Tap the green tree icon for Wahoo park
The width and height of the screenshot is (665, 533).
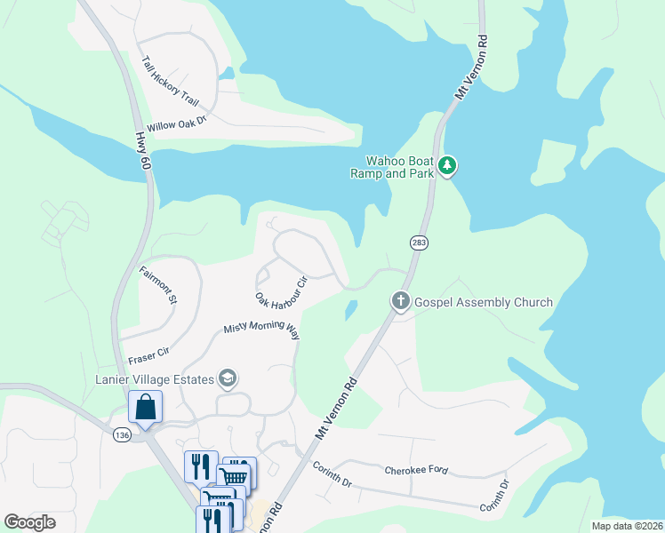pos(449,166)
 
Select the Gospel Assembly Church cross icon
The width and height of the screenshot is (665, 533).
pos(401,302)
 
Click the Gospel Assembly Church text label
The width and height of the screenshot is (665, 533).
pos(484,302)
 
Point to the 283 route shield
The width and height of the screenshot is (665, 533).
pos(420,243)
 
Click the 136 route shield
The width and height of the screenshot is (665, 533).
pos(123,434)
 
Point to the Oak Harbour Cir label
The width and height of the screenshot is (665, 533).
pos(280,289)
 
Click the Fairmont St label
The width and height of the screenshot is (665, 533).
pos(158,285)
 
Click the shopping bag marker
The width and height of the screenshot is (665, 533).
pos(145,409)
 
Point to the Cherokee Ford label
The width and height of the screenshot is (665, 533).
pos(417,470)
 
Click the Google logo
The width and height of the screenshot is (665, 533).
pos(30,522)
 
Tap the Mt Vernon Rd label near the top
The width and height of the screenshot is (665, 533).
pos(472,68)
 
